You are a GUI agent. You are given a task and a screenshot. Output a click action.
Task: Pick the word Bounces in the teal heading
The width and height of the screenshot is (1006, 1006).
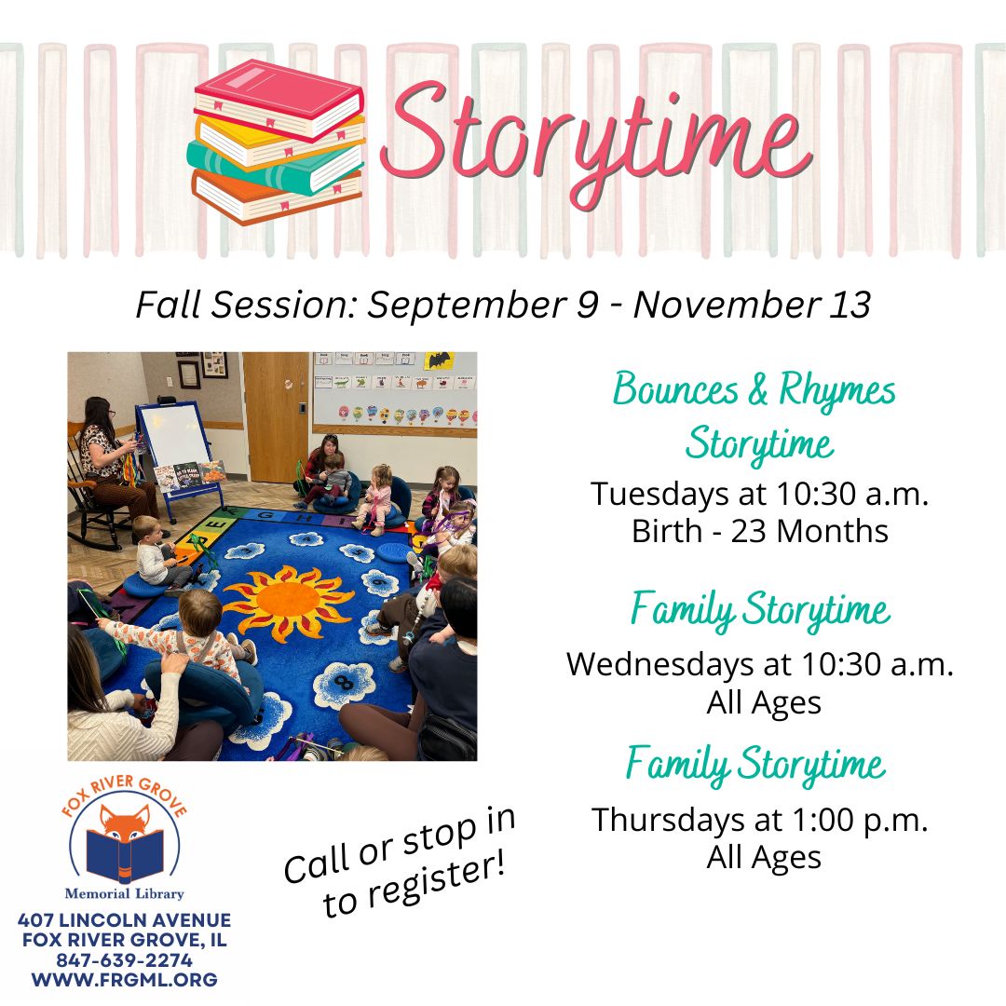click(675, 388)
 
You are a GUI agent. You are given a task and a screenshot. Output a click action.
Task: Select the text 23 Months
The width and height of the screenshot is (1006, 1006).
click(809, 531)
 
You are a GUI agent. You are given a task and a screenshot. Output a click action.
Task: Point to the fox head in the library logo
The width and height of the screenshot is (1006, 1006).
click(125, 823)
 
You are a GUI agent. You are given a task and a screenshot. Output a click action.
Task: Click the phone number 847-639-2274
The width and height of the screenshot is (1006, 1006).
click(125, 960)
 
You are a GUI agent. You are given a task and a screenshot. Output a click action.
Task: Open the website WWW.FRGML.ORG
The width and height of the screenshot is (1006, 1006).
click(125, 980)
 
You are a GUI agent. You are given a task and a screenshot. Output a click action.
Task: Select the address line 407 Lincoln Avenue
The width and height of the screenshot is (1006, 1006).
click(125, 920)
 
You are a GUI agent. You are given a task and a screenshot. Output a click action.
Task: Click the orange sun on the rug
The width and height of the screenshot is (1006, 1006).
click(288, 601)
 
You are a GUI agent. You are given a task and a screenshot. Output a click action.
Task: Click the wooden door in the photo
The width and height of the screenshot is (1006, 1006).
click(276, 417)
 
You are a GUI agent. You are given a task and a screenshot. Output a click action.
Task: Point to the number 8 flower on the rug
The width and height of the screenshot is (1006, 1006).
click(346, 684)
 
